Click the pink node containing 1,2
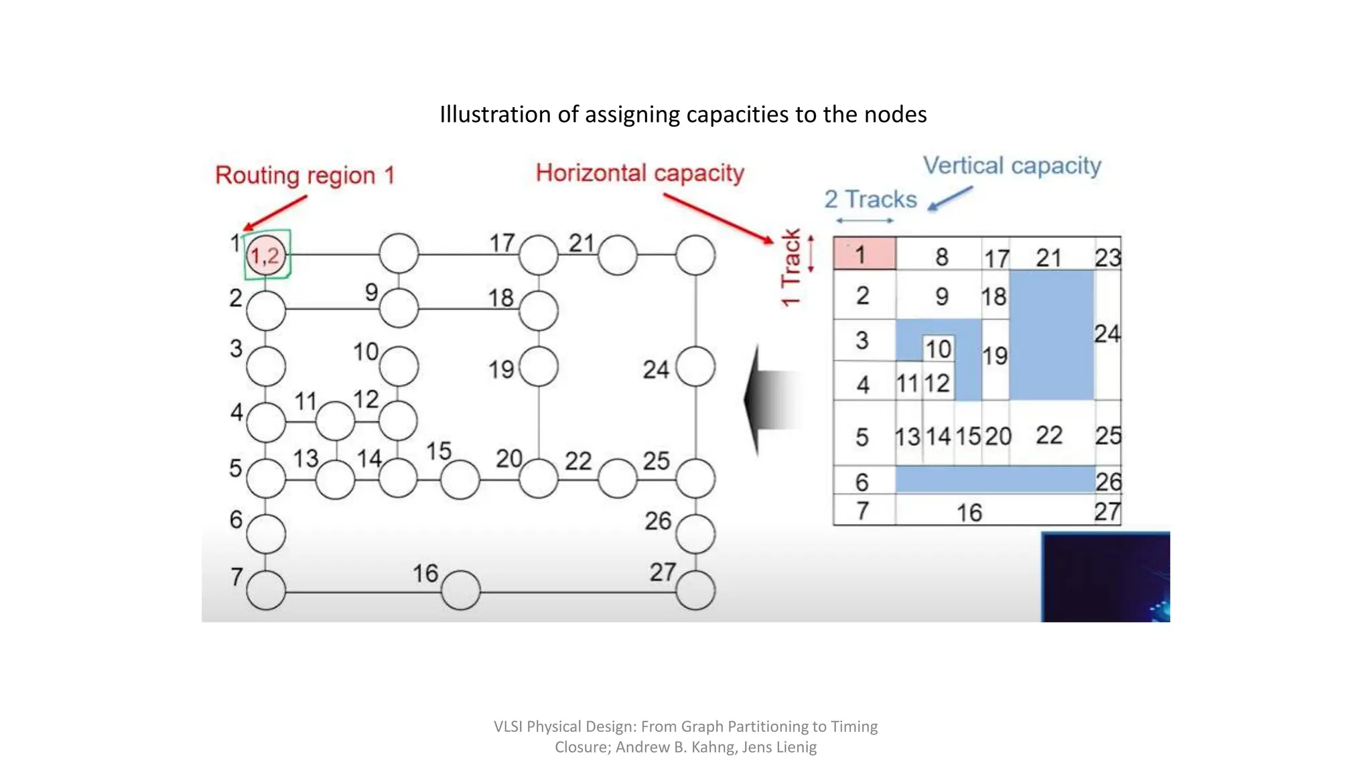coord(267,255)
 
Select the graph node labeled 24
coord(695,367)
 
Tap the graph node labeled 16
coord(461,590)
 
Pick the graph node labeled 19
coord(539,367)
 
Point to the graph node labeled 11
coord(335,422)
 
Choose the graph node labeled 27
coord(695,590)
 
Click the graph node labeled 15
coord(460,479)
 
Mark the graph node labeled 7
coord(266,590)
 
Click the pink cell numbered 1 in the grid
coord(864,254)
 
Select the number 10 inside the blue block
coord(938,348)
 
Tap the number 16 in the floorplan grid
coord(969,513)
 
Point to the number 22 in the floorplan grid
coord(1049,435)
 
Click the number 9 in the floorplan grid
coord(942,296)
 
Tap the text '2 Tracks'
coord(870,199)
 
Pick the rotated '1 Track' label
coord(791,267)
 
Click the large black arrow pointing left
coord(770,400)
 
